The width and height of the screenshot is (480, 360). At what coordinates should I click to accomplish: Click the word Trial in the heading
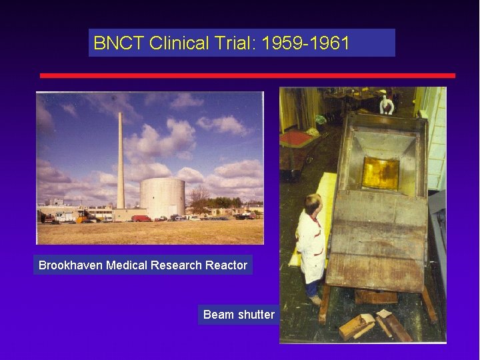pos(236,44)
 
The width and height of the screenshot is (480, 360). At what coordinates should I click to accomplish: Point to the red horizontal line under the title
pos(247,75)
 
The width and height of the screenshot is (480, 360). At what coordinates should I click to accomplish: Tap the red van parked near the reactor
pos(141,218)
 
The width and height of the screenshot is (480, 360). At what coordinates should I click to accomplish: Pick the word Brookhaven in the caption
pos(70,265)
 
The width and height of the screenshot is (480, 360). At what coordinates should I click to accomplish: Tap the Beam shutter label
pos(239,314)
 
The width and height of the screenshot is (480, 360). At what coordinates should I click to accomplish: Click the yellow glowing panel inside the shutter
pos(380,172)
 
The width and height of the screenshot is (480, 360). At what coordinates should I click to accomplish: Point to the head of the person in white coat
pos(313,203)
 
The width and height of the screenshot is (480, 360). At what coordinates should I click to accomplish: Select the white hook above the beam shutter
pos(386,104)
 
